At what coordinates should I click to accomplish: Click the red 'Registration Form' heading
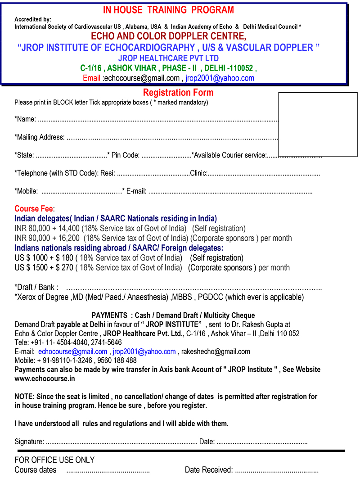coord(178,93)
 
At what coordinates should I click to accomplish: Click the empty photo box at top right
coord(318,124)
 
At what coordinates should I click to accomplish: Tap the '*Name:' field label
coord(25,119)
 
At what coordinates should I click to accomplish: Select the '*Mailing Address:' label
coord(40,137)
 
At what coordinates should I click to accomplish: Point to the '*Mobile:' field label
coord(26,191)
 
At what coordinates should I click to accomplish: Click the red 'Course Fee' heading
coord(34,209)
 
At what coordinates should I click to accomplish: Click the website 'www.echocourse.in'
coord(45,378)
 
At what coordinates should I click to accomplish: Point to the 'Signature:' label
coord(29,441)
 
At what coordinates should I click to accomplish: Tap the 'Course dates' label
coord(36,470)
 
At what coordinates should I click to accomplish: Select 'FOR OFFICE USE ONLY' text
coord(54,460)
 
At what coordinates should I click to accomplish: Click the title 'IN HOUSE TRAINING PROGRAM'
coord(169,10)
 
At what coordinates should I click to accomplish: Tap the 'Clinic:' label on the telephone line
coord(198,173)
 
